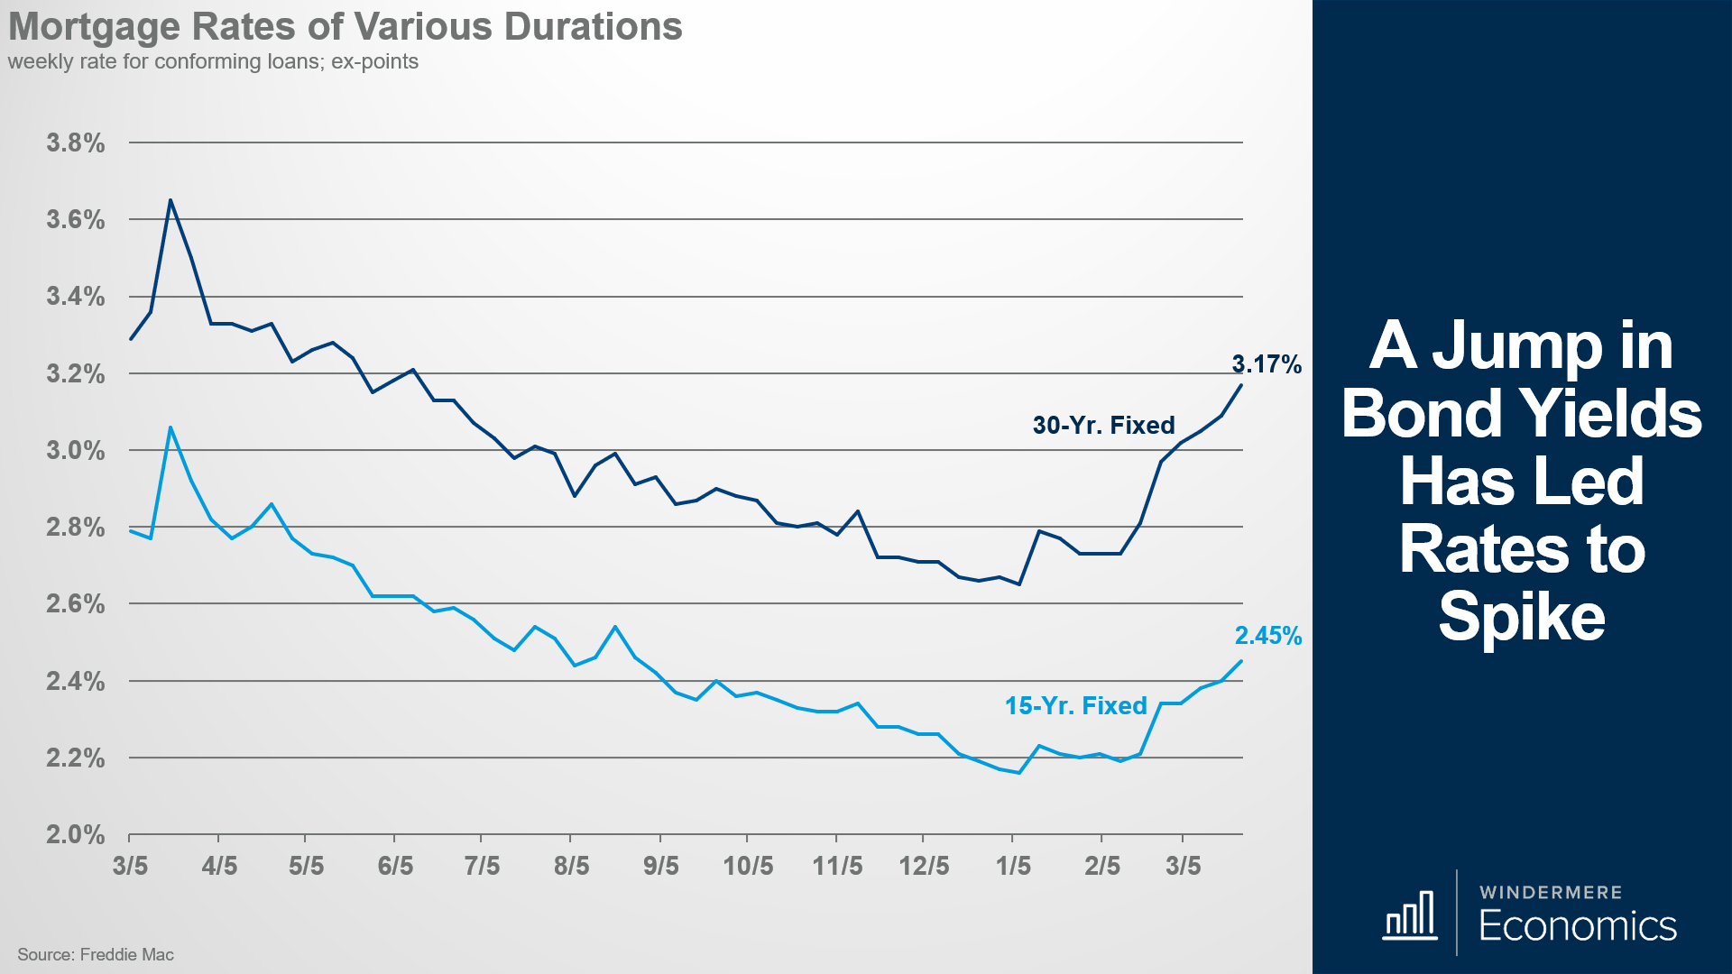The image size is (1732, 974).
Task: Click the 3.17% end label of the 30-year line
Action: (x=1267, y=364)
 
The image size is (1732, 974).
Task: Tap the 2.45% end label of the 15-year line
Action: (x=1267, y=636)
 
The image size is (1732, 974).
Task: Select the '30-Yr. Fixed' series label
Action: (x=1103, y=425)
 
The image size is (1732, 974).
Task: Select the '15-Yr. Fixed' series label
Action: (x=1075, y=705)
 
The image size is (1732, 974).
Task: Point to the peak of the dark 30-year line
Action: (x=170, y=200)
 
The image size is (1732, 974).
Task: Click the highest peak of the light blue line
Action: (x=170, y=427)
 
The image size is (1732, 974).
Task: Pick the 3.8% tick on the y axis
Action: (x=76, y=142)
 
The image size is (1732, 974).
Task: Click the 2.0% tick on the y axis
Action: (x=76, y=834)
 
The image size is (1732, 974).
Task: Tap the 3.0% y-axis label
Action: (x=76, y=450)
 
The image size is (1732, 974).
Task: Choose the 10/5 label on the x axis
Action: (x=748, y=866)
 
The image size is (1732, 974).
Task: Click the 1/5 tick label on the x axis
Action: (x=1013, y=866)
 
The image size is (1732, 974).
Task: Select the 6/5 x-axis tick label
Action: (x=395, y=866)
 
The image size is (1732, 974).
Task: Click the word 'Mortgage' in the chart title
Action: (x=95, y=27)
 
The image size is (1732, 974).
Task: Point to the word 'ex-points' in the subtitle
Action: (x=374, y=61)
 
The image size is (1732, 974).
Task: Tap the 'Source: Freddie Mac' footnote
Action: (x=96, y=954)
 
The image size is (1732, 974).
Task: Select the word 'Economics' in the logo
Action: (x=1577, y=926)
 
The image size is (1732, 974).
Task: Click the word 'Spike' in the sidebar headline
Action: (x=1522, y=617)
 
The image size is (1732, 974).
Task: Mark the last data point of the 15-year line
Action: (x=1242, y=661)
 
